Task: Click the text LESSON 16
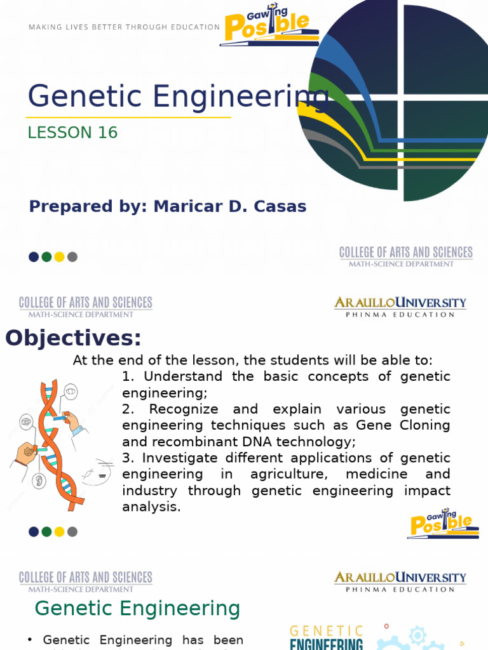73,133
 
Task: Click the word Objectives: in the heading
73,338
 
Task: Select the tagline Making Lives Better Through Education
124,27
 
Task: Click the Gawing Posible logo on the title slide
269,25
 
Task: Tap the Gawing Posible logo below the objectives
443,523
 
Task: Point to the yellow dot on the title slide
59,257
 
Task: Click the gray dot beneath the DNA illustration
72,532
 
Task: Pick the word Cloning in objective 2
423,425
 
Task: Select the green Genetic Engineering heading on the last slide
137,609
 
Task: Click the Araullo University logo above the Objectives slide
400,306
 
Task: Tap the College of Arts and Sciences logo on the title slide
406,256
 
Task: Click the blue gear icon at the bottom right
417,636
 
